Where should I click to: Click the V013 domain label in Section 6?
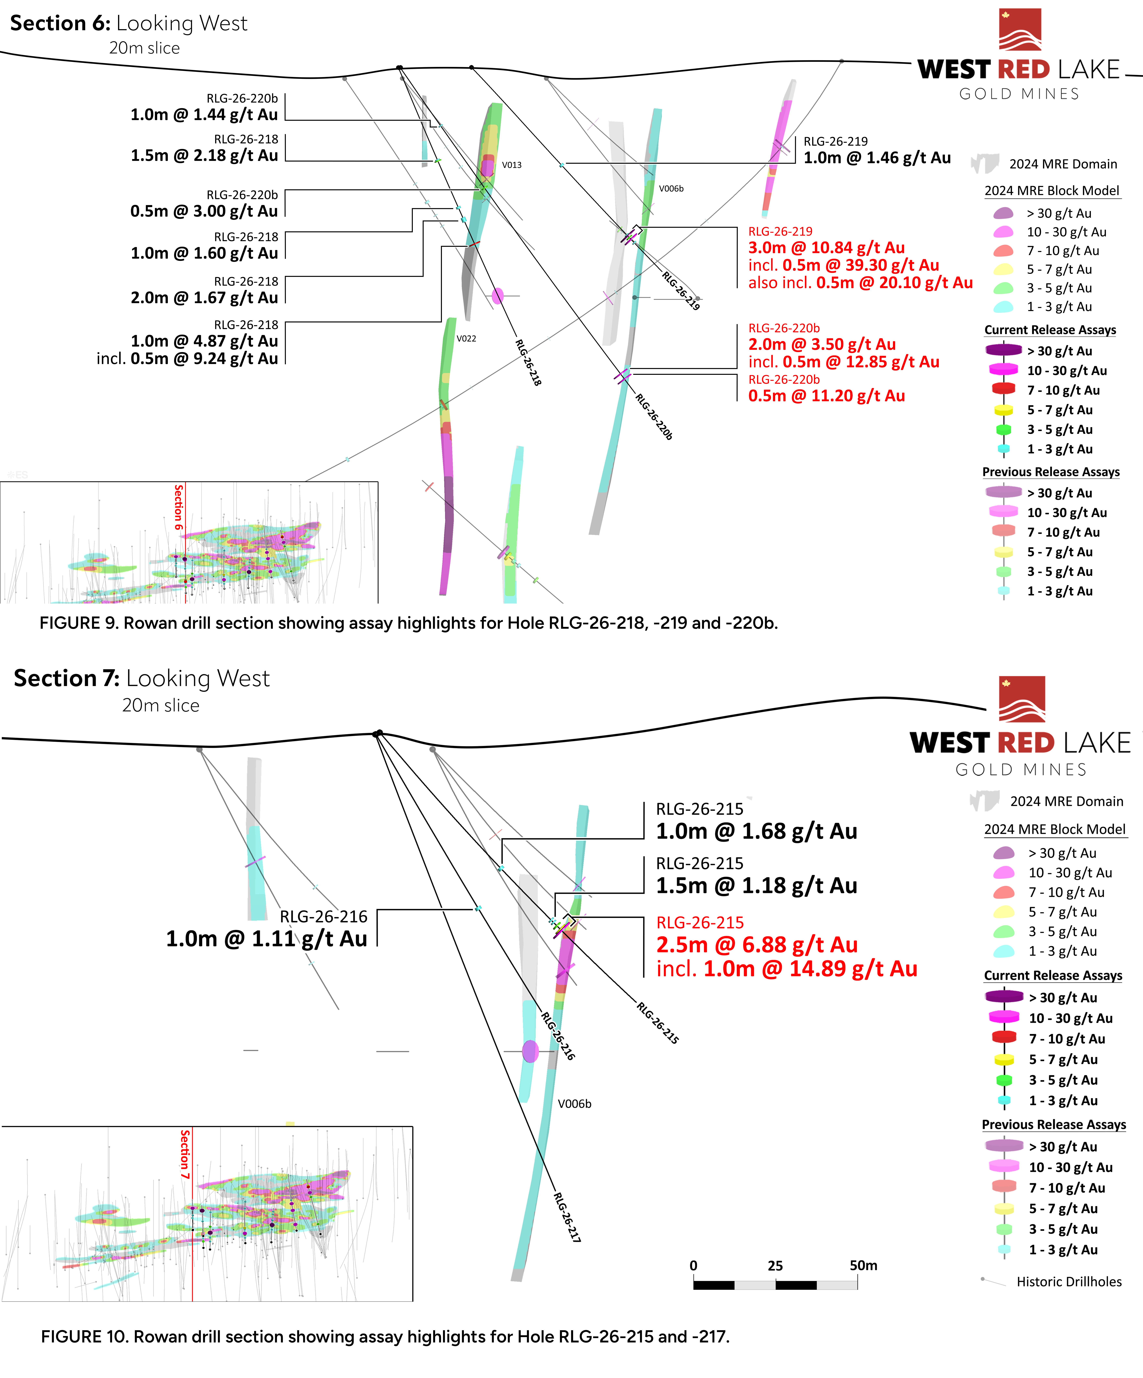click(511, 165)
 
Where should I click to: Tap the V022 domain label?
click(466, 339)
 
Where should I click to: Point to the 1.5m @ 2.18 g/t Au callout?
click(204, 155)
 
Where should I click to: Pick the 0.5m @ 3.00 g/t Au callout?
click(204, 211)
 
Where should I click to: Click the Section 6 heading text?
click(129, 24)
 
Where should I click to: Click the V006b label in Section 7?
click(574, 1104)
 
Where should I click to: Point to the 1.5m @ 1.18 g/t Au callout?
click(756, 886)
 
